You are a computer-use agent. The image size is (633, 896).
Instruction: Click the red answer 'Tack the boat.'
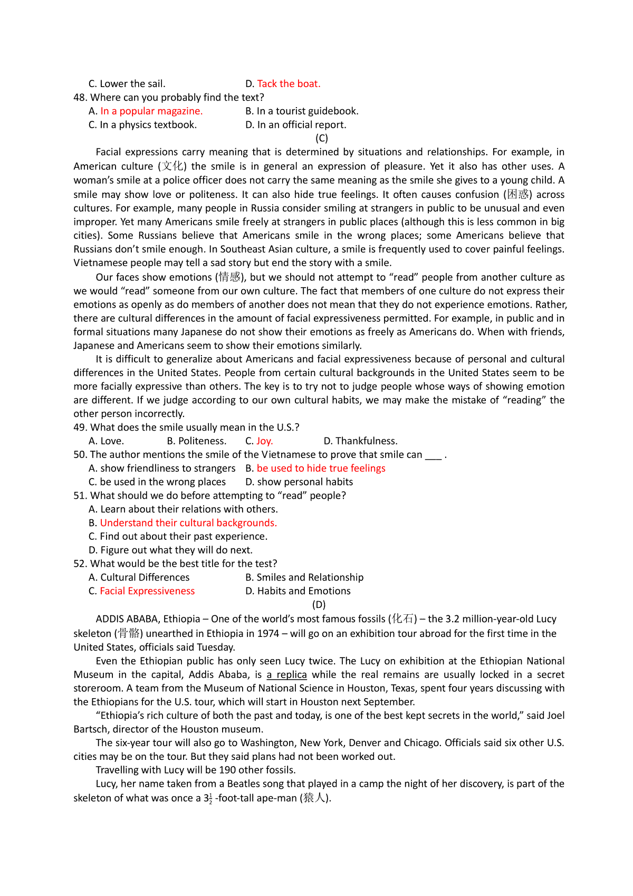coord(289,83)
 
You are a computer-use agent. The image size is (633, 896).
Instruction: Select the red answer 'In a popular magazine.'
coord(151,111)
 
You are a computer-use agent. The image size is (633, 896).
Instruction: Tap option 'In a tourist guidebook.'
coord(308,111)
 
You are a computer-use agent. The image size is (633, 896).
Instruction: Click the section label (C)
coord(322,138)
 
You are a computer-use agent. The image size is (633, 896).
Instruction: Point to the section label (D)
coord(319,605)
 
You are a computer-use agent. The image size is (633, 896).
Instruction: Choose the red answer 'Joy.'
coord(264,441)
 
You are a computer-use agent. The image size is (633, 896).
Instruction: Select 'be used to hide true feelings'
coord(321,468)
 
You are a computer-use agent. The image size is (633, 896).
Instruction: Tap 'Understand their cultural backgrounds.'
coord(188,523)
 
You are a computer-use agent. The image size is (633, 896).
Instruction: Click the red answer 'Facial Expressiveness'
coord(147,591)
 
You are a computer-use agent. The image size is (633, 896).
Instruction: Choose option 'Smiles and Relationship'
coord(310,577)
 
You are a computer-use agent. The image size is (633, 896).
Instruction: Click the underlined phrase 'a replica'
coord(287,674)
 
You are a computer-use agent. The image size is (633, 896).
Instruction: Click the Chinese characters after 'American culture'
coord(172,166)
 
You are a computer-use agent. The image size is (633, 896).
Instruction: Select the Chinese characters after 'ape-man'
coord(315,798)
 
